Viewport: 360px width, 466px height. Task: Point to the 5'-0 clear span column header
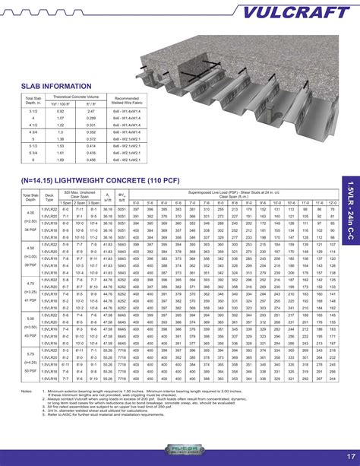click(136, 203)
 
